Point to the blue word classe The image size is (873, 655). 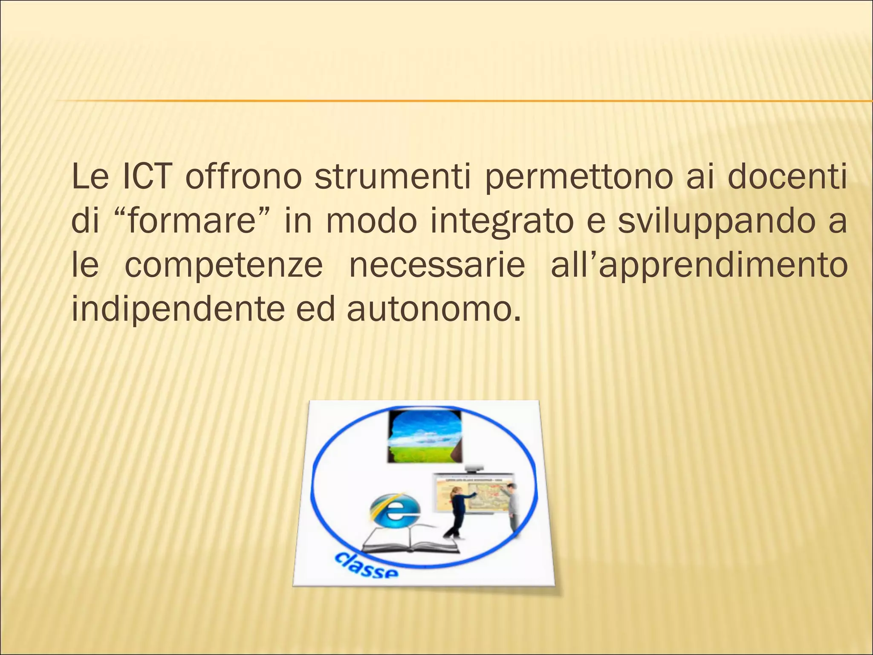click(366, 564)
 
